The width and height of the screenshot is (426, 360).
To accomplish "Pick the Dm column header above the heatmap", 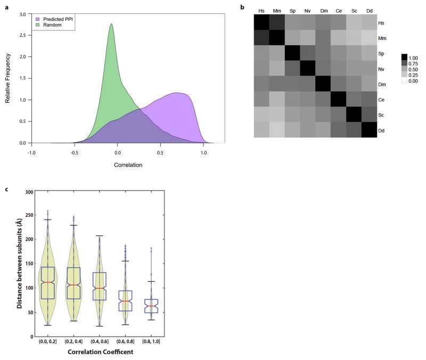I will click(323, 10).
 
